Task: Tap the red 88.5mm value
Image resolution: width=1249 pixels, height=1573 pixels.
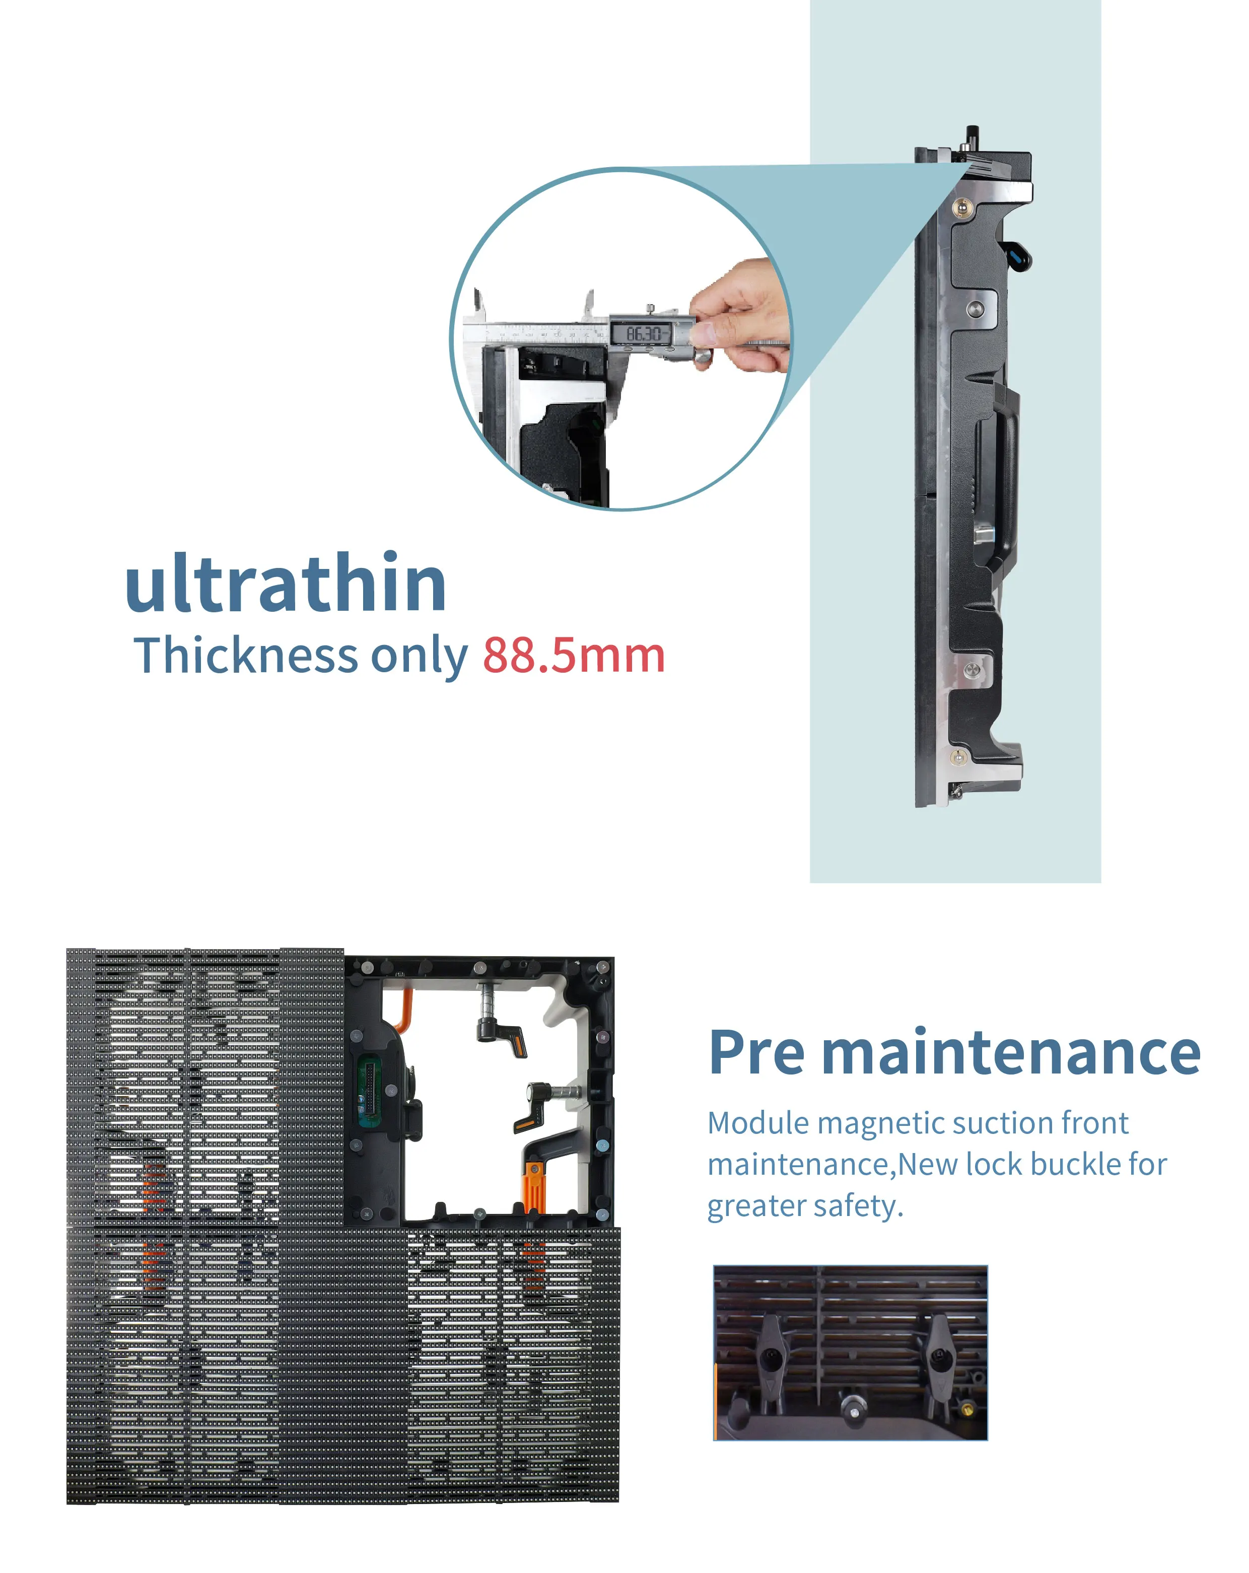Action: (x=574, y=655)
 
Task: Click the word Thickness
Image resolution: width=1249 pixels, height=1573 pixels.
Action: (x=246, y=655)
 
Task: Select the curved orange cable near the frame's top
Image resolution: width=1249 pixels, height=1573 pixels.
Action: (x=403, y=1011)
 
